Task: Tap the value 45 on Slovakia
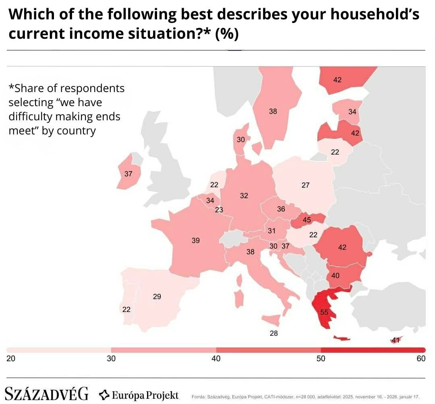click(307, 220)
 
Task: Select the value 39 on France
click(196, 241)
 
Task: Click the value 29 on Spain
click(157, 297)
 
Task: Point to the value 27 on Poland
click(306, 185)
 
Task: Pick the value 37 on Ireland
click(128, 174)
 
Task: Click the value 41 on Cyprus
click(396, 340)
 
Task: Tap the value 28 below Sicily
click(274, 333)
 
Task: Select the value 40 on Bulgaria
click(335, 276)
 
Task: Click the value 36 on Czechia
click(281, 209)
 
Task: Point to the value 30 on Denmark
click(241, 140)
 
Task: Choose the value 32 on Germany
click(244, 196)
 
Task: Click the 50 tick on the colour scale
click(321, 359)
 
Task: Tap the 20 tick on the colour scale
click(11, 359)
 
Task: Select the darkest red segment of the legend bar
click(373, 350)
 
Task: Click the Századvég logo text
click(46, 394)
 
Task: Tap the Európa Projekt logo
click(139, 394)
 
